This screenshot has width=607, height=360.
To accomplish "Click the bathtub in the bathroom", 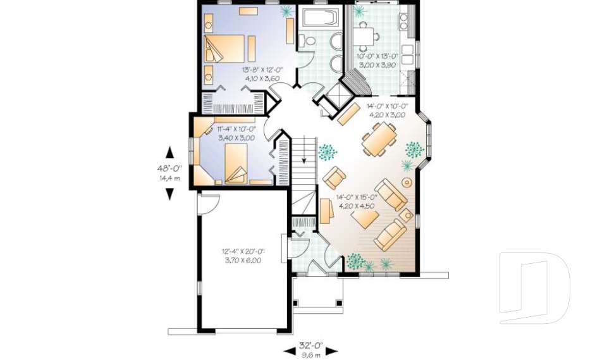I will (319, 17).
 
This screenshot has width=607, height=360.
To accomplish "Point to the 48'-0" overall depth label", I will (169, 168).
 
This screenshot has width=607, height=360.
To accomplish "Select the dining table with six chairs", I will (379, 139).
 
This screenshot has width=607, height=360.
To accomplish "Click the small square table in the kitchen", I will (363, 35).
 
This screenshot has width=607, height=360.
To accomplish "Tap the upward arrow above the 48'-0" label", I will (169, 152).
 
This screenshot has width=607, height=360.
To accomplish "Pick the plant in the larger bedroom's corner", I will (286, 11).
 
